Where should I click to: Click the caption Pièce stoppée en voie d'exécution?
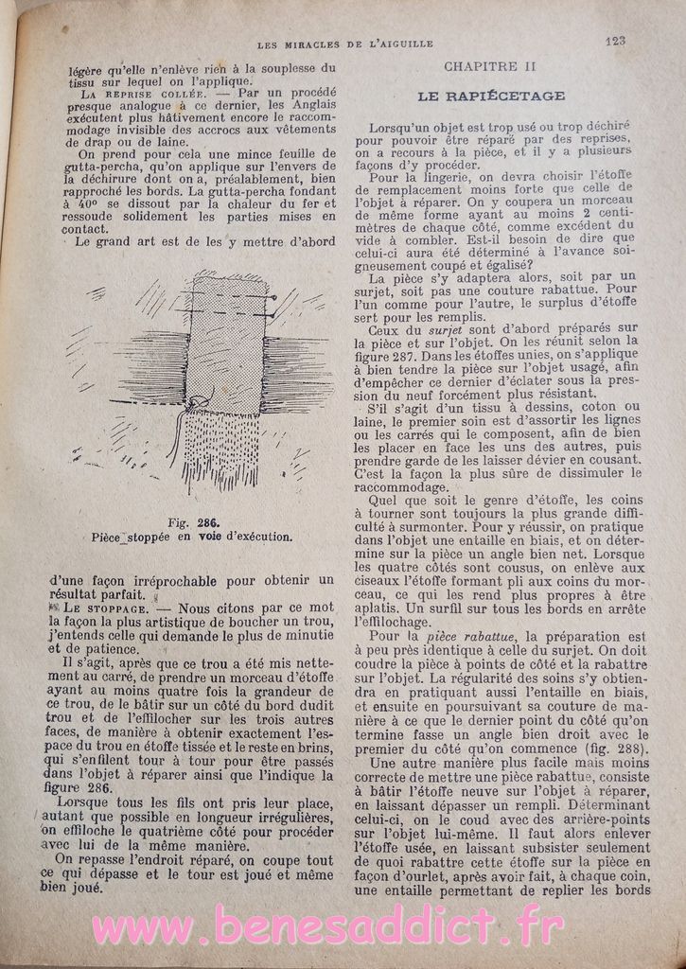[192, 536]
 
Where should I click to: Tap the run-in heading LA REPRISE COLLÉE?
[131, 96]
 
